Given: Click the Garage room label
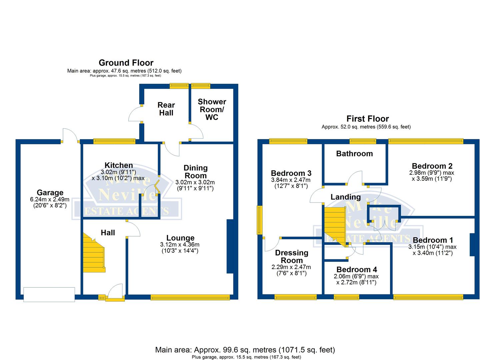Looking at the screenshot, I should (x=50, y=193).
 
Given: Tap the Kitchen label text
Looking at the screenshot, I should (x=119, y=165).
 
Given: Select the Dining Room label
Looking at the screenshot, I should (x=196, y=172).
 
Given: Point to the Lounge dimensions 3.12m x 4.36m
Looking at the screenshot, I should (x=180, y=245).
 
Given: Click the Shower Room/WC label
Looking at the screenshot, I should (x=212, y=109).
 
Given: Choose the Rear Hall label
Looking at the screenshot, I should (x=166, y=109).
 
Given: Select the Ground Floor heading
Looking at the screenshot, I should (x=126, y=63).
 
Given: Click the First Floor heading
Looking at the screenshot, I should (x=367, y=119).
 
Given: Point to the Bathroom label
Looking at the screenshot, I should (x=354, y=154).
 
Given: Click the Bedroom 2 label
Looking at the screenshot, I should (x=432, y=166).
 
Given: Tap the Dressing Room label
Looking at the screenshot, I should (x=292, y=257).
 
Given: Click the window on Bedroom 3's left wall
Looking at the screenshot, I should (x=259, y=220).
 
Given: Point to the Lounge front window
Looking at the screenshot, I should (x=190, y=297).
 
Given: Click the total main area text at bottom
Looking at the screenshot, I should (x=245, y=350).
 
